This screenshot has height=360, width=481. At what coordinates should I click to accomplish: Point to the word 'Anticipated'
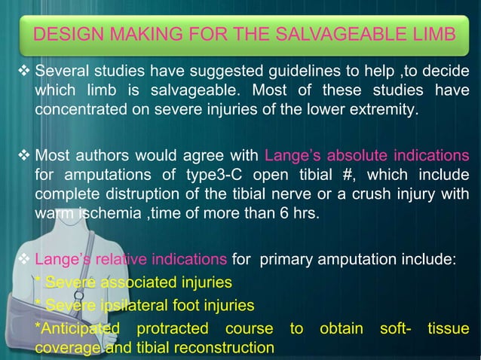[78, 328]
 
